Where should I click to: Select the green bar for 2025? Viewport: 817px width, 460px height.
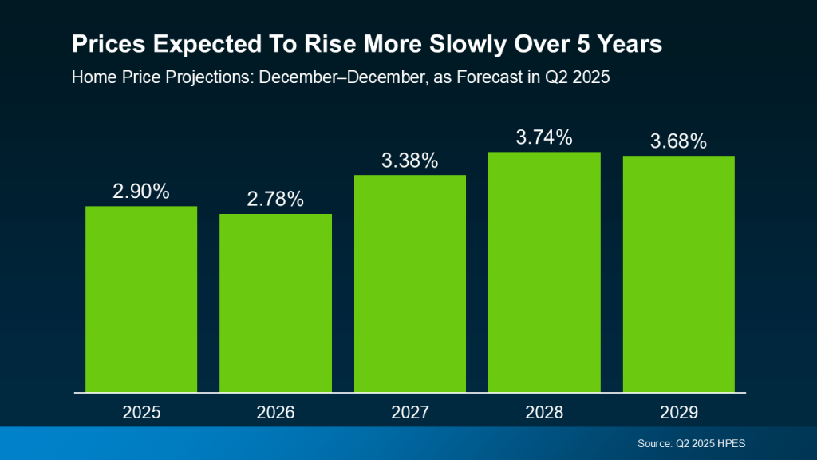141,299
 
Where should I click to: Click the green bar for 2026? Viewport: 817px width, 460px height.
275,303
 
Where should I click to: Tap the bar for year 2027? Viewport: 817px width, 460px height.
410,284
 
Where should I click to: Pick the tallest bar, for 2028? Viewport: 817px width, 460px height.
544,272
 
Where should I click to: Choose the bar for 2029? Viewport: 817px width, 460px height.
678,274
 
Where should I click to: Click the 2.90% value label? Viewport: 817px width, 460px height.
141,192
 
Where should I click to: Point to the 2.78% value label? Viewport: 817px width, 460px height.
275,200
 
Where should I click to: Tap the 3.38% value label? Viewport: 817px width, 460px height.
410,161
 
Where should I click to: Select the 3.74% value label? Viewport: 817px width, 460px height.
544,137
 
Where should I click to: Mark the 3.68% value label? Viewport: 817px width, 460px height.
678,141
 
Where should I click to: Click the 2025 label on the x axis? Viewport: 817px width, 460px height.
141,413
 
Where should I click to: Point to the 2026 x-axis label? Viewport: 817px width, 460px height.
275,413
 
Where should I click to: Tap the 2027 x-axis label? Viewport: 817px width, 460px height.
410,413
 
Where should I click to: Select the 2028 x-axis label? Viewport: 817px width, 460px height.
544,413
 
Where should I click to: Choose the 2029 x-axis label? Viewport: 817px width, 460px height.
678,413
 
